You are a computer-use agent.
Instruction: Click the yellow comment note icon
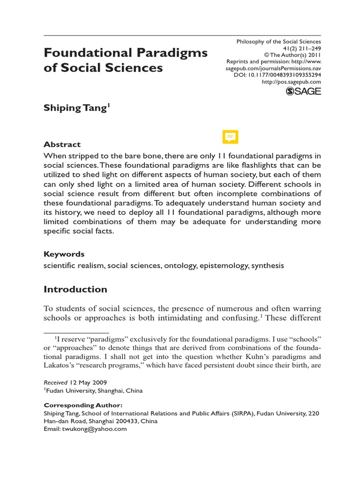tap(230, 137)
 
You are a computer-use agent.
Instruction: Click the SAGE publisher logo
tap(303, 91)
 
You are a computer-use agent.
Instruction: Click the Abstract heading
tap(62, 144)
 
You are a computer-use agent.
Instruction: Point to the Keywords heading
tap(64, 254)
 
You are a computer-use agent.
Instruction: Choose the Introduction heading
tap(75, 289)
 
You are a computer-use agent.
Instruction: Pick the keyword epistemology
tap(225, 266)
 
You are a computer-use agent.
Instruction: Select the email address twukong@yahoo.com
tap(97, 428)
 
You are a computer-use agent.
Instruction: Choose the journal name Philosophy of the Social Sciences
tap(278, 42)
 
